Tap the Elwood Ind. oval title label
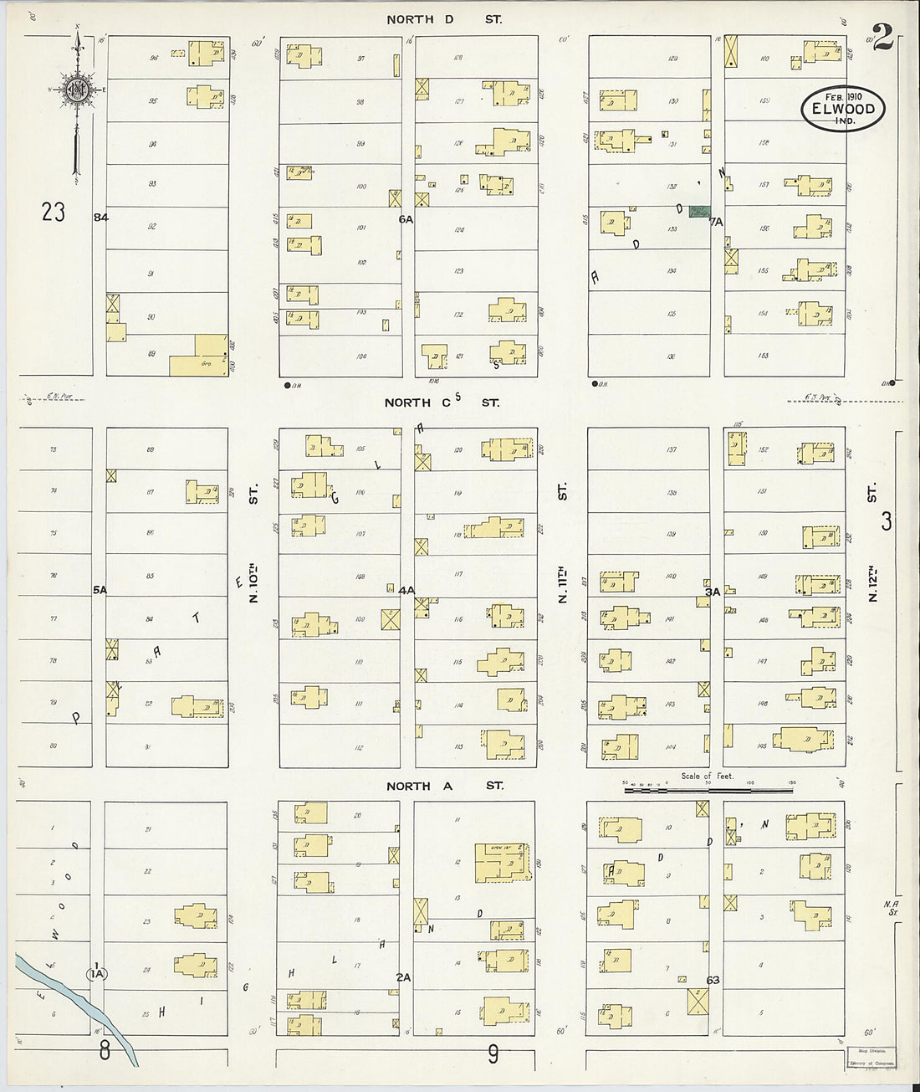(842, 109)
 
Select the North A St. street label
(444, 786)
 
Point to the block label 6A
(406, 219)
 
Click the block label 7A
(715, 222)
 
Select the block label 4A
(406, 590)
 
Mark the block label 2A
(404, 977)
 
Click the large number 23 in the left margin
(53, 213)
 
